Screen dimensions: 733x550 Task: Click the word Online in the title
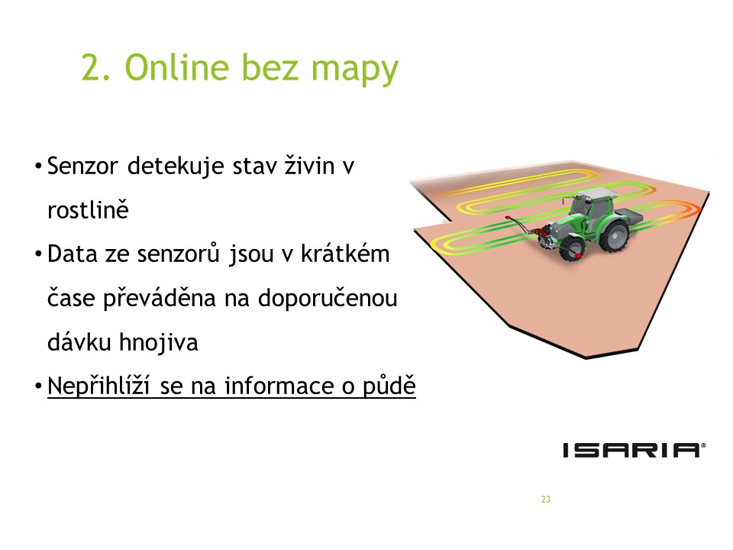(176, 67)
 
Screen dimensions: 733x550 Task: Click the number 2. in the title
(96, 68)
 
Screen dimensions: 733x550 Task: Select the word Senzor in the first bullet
(82, 167)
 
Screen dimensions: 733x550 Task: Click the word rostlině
(88, 209)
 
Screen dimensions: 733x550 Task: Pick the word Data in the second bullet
(72, 254)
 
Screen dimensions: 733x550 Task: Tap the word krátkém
(345, 254)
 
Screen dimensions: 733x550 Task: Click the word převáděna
(160, 299)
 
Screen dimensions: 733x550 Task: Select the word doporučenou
(328, 299)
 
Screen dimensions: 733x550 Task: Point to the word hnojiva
(159, 342)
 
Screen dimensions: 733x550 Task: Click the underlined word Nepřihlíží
(98, 387)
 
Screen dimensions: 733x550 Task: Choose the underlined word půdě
(389, 387)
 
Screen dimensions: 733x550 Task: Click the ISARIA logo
(635, 450)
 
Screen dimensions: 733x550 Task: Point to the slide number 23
(545, 500)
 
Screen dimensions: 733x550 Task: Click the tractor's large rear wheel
(614, 235)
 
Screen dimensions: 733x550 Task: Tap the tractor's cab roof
(597, 193)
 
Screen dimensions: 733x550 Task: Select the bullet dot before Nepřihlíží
(38, 387)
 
